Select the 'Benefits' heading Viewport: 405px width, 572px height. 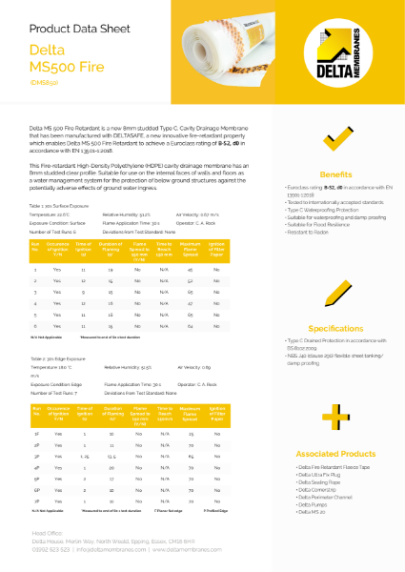[335, 175]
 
